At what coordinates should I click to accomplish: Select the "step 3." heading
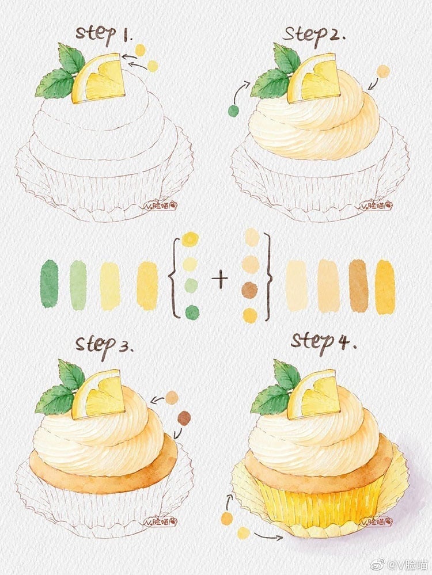click(104, 345)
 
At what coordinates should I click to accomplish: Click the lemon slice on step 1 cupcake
click(100, 79)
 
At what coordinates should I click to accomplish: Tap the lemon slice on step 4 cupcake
click(314, 394)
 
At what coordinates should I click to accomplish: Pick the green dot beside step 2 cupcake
click(233, 111)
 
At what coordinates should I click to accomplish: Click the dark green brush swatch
click(50, 284)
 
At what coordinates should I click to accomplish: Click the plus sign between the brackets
click(220, 280)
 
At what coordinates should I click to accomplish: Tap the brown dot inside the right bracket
click(249, 291)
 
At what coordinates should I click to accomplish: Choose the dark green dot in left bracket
click(192, 313)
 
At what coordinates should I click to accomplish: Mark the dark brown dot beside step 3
click(184, 418)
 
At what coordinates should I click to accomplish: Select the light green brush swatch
click(78, 284)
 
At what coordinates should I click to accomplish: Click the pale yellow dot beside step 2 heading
click(383, 71)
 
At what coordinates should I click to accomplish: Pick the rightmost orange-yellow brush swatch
click(385, 287)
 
